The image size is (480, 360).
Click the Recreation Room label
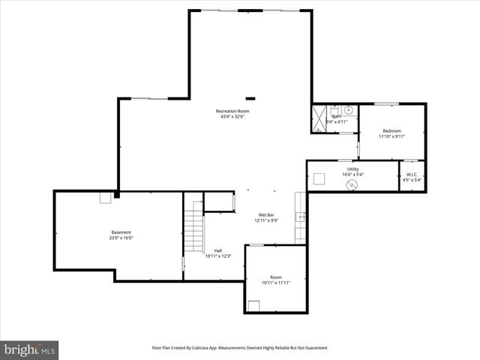tap(232, 111)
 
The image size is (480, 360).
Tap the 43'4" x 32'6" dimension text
tap(232, 117)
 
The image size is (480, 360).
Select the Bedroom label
tap(391, 130)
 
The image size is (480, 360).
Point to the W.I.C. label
tap(412, 174)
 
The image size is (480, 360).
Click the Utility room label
tap(352, 169)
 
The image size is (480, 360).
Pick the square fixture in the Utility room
tap(319, 178)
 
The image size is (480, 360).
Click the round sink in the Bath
tap(337, 109)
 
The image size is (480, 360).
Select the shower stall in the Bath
tap(318, 119)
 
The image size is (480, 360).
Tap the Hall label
tap(218, 250)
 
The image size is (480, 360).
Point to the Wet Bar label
tap(265, 214)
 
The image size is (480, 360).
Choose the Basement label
tap(121, 232)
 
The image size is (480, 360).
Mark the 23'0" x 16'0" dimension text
tap(121, 238)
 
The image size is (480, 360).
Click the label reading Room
tap(276, 277)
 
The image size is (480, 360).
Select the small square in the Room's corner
tap(254, 304)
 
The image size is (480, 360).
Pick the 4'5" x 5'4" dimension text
tap(412, 180)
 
